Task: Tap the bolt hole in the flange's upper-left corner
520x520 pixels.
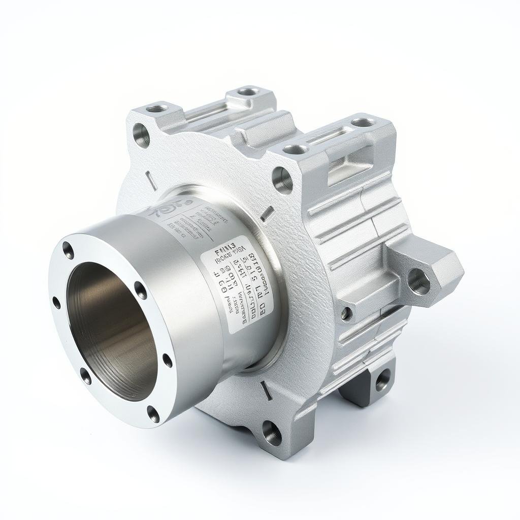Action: (142, 135)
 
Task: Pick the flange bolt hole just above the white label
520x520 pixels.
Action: (282, 179)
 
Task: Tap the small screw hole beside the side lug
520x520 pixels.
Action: (346, 313)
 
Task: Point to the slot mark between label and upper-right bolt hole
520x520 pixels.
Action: (267, 213)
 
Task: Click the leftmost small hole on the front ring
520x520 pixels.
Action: (56, 303)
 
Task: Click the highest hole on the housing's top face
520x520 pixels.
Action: (248, 92)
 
